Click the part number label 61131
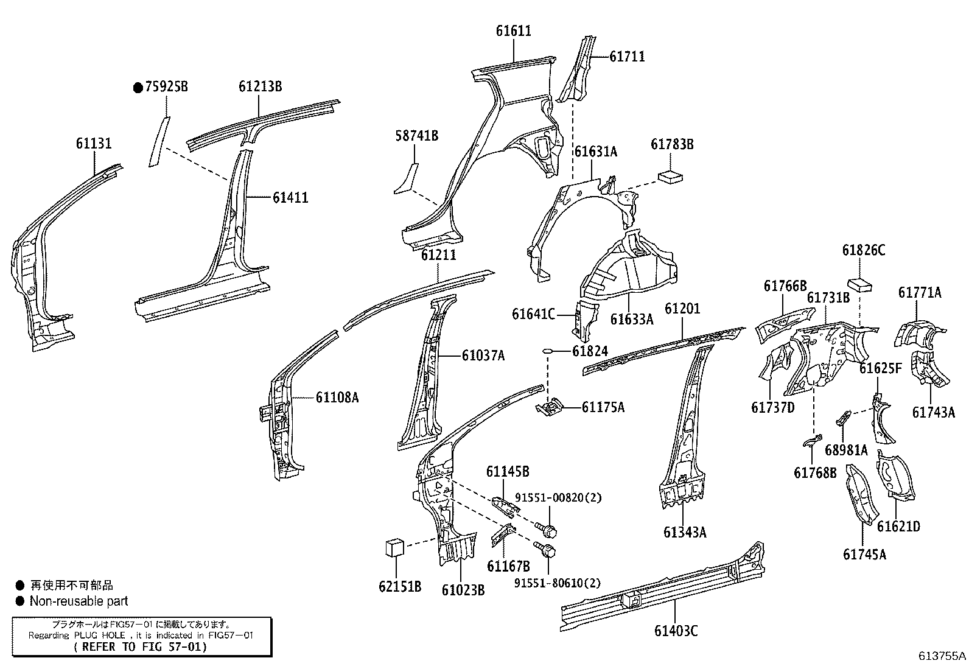[94, 144]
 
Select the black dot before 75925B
[138, 88]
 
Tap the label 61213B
[260, 86]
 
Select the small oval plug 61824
[547, 351]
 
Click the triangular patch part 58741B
[406, 180]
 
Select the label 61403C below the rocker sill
[676, 631]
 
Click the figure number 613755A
[942, 656]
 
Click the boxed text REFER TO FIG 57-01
[141, 646]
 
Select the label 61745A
[864, 554]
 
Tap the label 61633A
[632, 318]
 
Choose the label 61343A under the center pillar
[685, 532]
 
